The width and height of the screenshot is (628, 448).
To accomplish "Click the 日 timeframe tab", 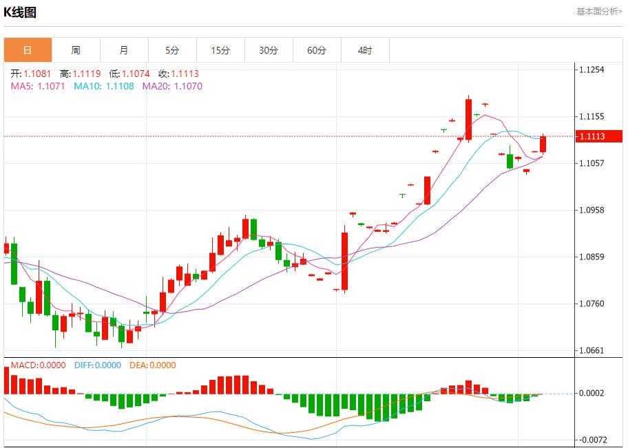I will tap(28, 50).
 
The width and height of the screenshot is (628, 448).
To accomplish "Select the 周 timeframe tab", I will tap(76, 50).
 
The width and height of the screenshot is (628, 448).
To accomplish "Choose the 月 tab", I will tap(124, 50).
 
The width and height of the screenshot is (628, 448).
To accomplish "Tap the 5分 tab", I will tap(172, 50).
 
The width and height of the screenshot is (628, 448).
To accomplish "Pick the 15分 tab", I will tap(220, 50).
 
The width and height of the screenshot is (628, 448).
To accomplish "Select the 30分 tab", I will tap(269, 50).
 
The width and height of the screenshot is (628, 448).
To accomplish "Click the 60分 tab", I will tap(317, 50).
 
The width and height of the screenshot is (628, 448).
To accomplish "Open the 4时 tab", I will tap(365, 50).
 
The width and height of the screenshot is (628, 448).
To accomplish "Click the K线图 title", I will tap(20, 12).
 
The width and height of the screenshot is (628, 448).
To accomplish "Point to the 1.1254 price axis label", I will tap(592, 70).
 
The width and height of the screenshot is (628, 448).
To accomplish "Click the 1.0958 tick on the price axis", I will tap(592, 210).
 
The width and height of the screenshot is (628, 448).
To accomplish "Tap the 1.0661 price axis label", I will tap(592, 350).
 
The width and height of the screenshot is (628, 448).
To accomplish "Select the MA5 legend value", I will tap(39, 86).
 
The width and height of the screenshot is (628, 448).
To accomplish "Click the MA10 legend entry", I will tap(104, 86).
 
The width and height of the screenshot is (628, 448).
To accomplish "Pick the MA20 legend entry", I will tap(172, 86).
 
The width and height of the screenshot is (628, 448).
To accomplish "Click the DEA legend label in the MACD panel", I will tap(152, 365).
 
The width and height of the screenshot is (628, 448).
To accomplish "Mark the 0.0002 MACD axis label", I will tap(592, 393).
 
